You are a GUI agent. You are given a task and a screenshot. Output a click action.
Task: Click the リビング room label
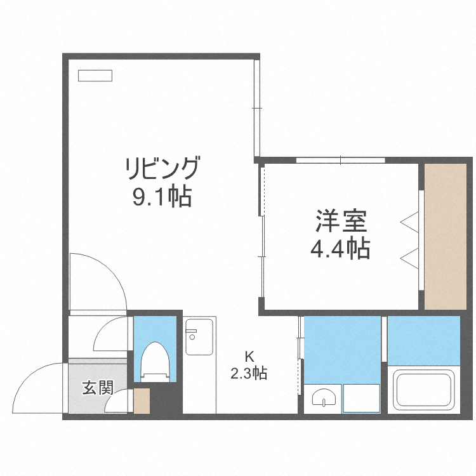162,169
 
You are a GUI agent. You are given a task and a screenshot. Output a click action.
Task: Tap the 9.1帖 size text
162,198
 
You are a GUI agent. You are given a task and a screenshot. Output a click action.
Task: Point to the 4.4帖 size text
340,249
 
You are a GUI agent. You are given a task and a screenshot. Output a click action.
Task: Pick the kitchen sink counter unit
200,366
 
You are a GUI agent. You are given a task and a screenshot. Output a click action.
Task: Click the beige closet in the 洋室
446,235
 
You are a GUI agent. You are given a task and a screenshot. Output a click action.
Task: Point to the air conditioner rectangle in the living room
95,76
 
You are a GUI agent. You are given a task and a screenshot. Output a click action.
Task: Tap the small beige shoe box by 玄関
142,401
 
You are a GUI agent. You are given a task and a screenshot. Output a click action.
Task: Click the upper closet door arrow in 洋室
409,221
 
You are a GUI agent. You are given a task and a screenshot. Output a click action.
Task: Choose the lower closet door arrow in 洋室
409,257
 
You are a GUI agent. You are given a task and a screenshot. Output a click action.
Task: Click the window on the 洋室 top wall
340,160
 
